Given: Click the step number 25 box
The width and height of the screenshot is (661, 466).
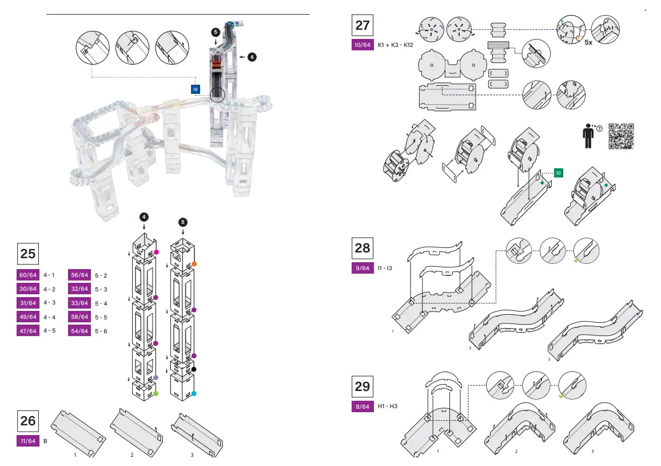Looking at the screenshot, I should [28, 254].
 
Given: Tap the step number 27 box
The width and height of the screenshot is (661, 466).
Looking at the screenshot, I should [363, 25].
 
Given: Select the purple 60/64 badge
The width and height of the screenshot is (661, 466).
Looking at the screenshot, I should [28, 275].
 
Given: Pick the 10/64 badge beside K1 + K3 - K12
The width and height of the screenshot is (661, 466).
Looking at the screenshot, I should [362, 45].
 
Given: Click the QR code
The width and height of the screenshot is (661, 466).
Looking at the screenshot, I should [621, 137].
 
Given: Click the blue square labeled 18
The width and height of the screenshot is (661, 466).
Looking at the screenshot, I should [196, 89].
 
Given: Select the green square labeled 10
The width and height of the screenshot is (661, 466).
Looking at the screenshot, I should [559, 173].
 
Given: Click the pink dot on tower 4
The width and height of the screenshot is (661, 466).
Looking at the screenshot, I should [156, 252].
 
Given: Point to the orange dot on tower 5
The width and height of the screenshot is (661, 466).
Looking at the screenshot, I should [195, 264].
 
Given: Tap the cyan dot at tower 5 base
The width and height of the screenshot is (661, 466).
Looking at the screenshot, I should [194, 393].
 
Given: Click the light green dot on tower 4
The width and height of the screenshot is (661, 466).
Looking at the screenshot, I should [156, 393].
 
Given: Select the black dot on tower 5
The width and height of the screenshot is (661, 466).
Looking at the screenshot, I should [194, 369].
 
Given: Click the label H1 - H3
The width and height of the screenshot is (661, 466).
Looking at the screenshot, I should [387, 406].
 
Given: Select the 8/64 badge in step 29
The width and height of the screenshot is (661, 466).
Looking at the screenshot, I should [362, 406].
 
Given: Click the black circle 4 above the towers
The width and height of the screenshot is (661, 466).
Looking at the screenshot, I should [144, 216].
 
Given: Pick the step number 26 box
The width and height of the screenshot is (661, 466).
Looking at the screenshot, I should [28, 421].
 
